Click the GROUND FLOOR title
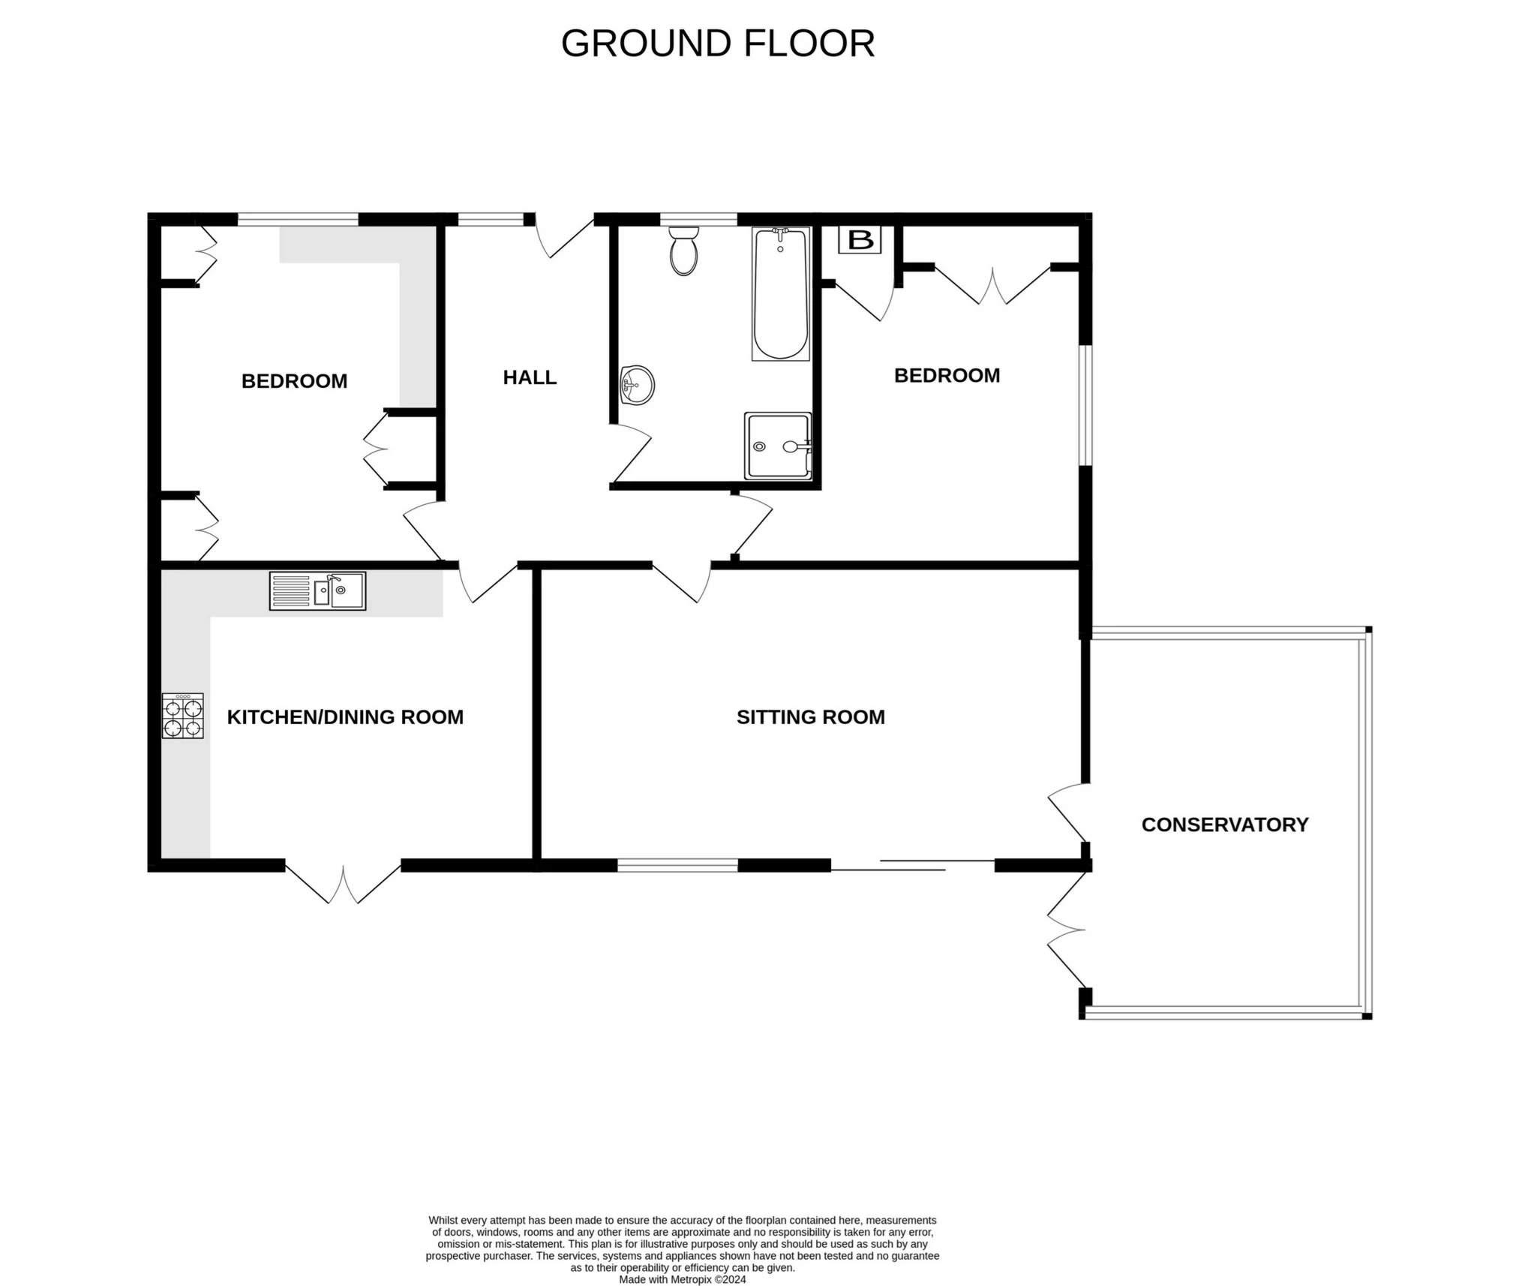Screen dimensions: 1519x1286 coord(718,44)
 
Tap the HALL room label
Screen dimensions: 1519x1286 coord(530,377)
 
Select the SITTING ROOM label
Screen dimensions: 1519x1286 coord(810,717)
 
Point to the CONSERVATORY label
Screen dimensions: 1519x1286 coord(1225,825)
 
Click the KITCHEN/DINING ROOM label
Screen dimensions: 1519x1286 coord(345,717)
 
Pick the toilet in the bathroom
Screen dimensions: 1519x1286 coord(683,251)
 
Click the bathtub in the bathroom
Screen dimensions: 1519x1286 coord(780,293)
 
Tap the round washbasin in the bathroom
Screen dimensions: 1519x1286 coord(637,386)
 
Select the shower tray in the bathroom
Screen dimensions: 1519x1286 coord(778,446)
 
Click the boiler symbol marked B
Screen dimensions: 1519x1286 coord(860,240)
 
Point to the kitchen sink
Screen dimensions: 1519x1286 coord(317,590)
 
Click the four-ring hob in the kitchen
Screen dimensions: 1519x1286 coord(182,716)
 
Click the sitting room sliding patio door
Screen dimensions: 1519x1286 coord(913,865)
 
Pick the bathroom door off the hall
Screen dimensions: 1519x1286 coord(632,454)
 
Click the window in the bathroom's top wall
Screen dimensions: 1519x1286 coord(698,219)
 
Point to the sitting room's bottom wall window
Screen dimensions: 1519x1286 coord(678,865)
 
